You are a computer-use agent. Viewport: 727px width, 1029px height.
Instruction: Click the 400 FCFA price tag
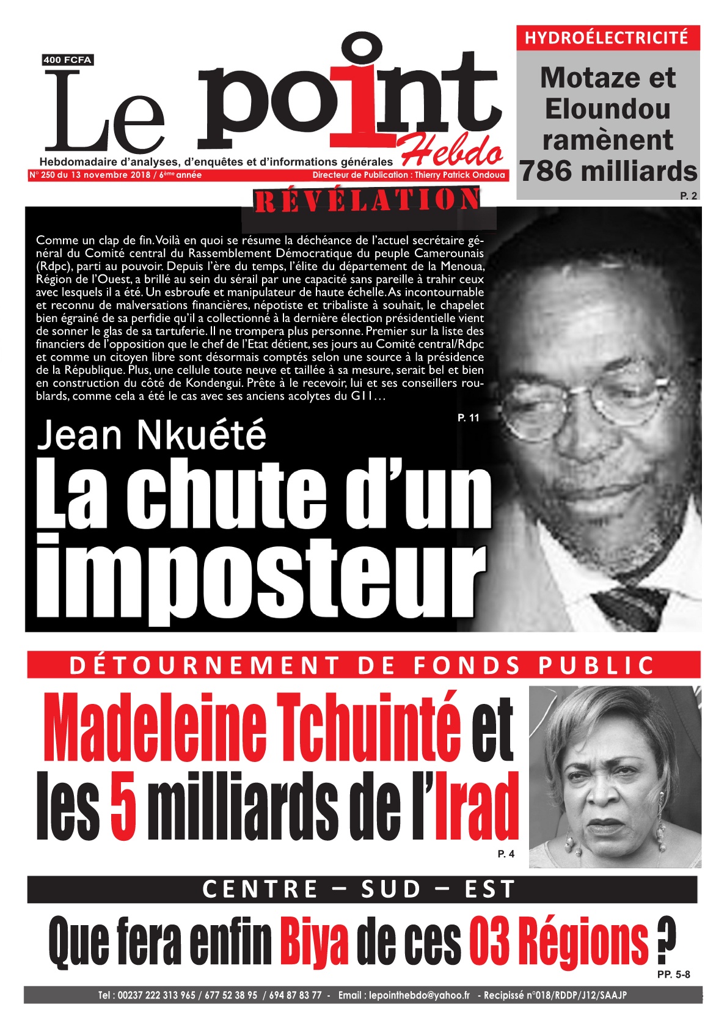tap(68, 60)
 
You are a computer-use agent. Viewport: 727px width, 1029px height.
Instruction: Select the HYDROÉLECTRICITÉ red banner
tap(607, 38)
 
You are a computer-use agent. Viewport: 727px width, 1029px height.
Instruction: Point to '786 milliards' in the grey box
tap(608, 172)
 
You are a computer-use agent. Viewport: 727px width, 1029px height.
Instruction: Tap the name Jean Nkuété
tap(152, 435)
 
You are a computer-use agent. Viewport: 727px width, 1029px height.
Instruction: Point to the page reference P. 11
tap(468, 418)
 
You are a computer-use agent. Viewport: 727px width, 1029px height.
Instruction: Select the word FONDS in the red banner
tap(466, 665)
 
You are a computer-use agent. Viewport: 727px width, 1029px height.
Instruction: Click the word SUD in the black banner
tap(391, 889)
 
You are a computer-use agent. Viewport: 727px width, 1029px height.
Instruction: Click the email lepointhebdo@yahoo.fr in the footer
tap(419, 995)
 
